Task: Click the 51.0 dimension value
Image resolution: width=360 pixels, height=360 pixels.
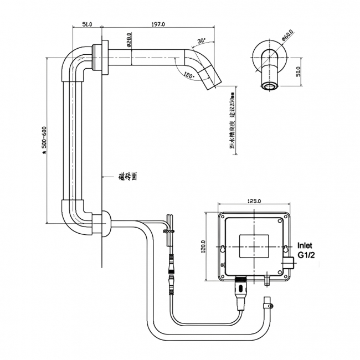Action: [86, 24]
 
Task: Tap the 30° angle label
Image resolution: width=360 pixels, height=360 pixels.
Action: [200, 40]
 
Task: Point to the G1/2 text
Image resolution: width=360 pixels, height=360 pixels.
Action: [306, 255]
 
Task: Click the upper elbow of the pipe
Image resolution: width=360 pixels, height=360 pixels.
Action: [74, 60]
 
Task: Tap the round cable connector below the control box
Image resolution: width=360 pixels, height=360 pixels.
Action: [241, 287]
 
